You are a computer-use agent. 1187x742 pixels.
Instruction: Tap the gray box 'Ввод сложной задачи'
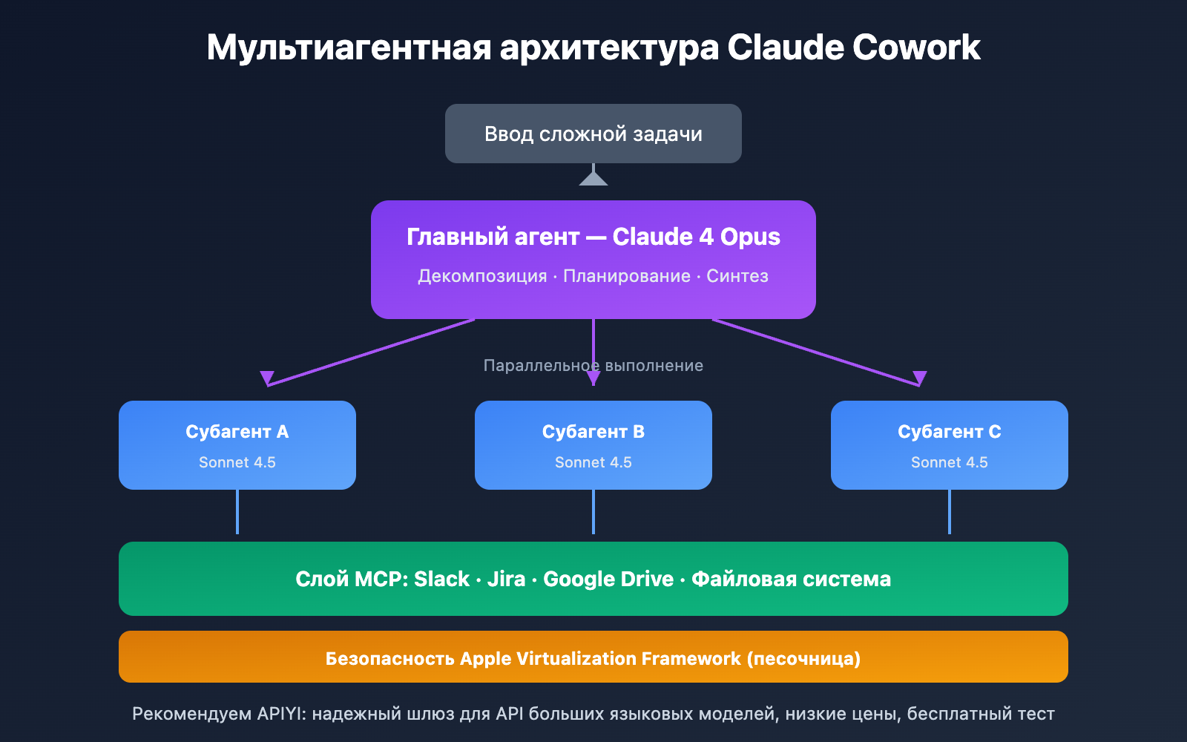(x=593, y=134)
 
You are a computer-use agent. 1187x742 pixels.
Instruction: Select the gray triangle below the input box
(x=593, y=178)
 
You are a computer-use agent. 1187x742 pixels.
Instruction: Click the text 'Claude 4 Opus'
(x=696, y=237)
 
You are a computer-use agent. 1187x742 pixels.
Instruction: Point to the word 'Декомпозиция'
(x=482, y=276)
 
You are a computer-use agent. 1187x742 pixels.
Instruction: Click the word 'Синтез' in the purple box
(x=737, y=276)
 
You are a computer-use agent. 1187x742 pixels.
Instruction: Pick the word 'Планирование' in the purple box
(x=627, y=276)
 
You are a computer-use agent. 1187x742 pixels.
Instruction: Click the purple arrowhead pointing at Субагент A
(x=267, y=378)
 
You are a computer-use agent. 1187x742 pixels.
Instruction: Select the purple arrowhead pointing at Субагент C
(x=920, y=378)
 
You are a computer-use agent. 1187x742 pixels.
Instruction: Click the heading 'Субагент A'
(x=237, y=432)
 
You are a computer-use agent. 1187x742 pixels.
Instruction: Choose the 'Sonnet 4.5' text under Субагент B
(x=593, y=462)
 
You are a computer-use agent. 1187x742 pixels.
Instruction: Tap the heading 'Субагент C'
(x=949, y=432)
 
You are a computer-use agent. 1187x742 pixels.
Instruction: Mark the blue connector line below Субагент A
(x=237, y=512)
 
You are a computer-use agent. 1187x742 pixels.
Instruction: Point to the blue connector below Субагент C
(x=950, y=512)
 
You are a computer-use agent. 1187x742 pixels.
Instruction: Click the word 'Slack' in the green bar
(x=441, y=579)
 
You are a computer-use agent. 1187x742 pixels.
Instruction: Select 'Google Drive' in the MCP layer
(x=608, y=579)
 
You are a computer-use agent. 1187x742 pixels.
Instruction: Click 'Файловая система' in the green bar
(x=791, y=579)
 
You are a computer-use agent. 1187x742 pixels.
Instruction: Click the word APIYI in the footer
(x=280, y=714)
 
